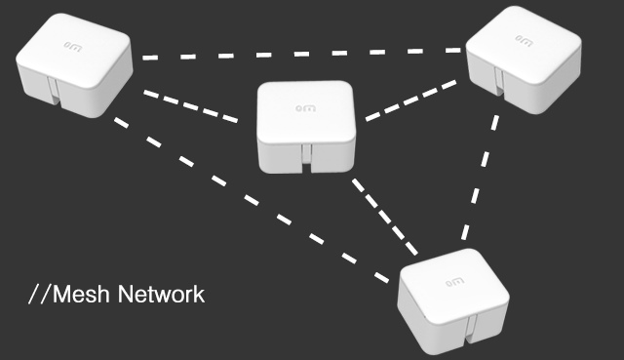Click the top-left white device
[74, 64]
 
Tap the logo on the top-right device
[523, 40]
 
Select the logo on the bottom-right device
[453, 280]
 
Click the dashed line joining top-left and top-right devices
[302, 54]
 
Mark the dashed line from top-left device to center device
[190, 106]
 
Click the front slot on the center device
[306, 155]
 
